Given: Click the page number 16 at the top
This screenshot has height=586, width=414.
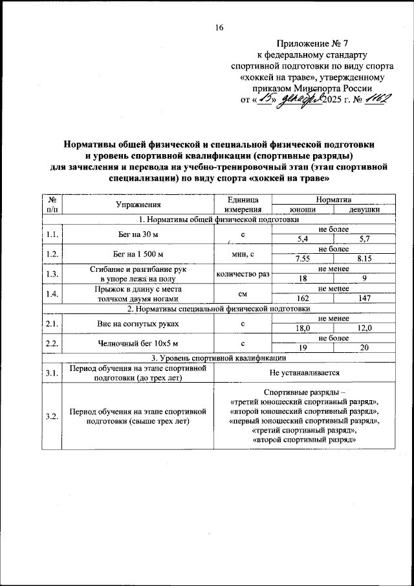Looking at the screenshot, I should tap(219, 27).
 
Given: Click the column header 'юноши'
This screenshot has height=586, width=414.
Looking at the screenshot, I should tap(301, 210).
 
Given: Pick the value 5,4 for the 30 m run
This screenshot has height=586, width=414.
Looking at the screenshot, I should tap(301, 239).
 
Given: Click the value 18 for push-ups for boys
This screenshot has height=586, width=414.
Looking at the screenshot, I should tap(301, 278).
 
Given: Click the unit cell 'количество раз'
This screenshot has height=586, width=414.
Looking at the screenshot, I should tap(242, 274).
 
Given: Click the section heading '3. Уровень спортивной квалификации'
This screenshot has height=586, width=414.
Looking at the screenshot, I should tap(219, 357).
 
